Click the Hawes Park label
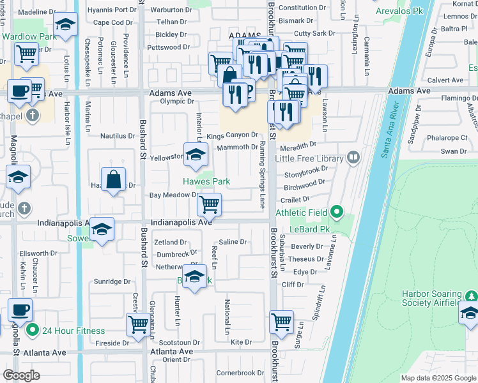(x=206, y=182)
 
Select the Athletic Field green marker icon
(x=337, y=213)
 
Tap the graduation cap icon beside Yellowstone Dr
(x=196, y=154)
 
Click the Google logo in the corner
(x=21, y=375)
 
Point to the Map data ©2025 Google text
(x=438, y=378)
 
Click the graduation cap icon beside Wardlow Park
(x=66, y=26)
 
